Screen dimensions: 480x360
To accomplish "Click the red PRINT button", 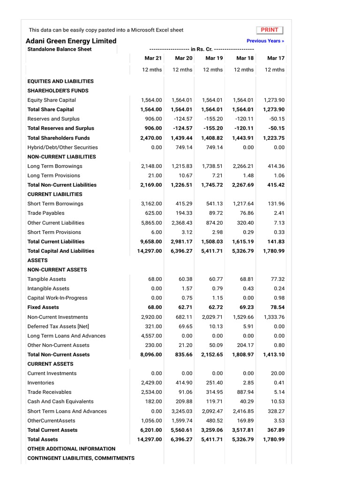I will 270,30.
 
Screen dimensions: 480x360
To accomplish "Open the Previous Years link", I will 265,41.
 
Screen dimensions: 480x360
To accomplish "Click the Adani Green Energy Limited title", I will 71,41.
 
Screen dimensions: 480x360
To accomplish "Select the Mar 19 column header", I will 214,58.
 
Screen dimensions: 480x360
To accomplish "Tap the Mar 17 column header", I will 275,58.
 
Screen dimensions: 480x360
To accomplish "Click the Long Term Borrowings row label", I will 55,166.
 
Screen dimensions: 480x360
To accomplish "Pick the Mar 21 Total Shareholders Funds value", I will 151,138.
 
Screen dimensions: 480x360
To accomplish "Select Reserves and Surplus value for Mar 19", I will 213,119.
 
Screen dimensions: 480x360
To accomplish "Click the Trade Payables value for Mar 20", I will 183,213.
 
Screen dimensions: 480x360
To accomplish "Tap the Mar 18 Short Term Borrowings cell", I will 244,204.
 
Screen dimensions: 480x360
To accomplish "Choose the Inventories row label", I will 41,382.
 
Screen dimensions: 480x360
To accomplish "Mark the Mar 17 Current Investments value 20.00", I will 277,373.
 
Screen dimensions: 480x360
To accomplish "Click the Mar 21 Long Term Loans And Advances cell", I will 151,336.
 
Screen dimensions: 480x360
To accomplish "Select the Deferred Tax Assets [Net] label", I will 58,326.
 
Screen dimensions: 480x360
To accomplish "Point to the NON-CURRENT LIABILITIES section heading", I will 61,157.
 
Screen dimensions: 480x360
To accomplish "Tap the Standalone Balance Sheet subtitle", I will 60,49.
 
